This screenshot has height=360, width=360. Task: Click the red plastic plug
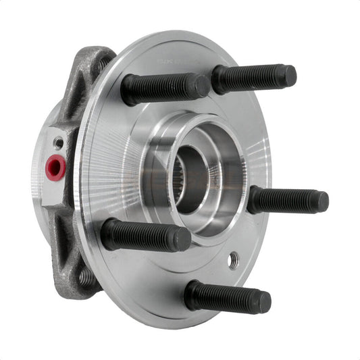(55, 166)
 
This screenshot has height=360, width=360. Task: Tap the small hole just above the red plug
(59, 143)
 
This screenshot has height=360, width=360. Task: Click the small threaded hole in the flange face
(233, 260)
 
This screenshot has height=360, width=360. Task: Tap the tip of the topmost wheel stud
(288, 75)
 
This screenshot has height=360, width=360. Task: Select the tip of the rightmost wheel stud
(322, 201)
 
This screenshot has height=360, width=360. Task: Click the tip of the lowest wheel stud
(264, 301)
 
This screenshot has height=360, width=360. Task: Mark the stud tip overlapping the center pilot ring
(201, 86)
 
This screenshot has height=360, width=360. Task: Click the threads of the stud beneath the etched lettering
(247, 78)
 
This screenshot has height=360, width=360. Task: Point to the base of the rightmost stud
(254, 199)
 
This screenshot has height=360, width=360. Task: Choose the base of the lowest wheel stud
(193, 294)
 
